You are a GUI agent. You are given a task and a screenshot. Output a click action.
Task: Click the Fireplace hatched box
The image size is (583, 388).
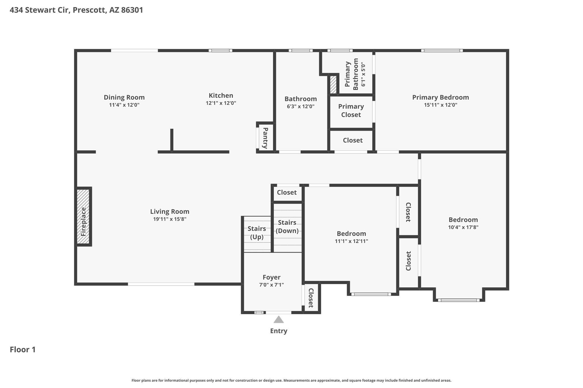point(83,216)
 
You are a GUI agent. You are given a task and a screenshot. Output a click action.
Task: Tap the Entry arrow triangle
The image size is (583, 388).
point(279,319)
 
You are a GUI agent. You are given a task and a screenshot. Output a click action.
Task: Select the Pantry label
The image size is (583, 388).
point(265,138)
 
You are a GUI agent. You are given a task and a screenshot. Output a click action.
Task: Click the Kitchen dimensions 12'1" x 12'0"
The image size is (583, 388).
point(221,103)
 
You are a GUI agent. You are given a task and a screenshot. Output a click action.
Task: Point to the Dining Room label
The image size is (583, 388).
point(124,97)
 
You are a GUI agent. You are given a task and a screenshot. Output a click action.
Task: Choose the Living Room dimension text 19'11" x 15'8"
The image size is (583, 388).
point(170,219)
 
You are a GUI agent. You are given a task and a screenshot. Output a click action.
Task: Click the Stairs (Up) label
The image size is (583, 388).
point(257,233)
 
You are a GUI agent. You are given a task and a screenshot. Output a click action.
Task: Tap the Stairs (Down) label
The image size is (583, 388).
point(287,227)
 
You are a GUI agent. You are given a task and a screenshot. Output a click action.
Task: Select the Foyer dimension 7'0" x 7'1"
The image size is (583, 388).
point(272,285)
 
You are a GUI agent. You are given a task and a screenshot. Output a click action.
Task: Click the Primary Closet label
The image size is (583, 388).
point(351,111)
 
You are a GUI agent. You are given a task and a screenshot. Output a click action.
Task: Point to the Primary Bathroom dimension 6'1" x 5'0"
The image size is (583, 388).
point(363,74)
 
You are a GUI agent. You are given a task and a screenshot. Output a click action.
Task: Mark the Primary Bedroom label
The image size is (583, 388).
point(441,97)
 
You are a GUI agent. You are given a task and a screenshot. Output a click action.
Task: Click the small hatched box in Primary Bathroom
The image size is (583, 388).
point(333,84)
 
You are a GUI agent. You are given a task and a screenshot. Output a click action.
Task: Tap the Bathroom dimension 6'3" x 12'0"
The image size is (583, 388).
point(301,107)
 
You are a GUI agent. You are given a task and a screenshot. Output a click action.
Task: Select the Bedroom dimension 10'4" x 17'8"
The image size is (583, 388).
point(463,227)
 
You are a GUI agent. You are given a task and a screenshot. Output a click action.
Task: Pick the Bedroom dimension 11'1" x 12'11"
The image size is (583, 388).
point(352,241)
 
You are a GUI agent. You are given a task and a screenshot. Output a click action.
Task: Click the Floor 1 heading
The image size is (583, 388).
point(23,350)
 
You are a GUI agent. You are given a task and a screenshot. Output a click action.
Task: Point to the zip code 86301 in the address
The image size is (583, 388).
point(132,10)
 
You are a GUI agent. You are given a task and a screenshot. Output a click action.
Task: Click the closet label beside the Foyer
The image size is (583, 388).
point(311,298)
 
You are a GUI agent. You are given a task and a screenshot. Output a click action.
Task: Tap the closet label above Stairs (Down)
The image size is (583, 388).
point(287,192)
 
